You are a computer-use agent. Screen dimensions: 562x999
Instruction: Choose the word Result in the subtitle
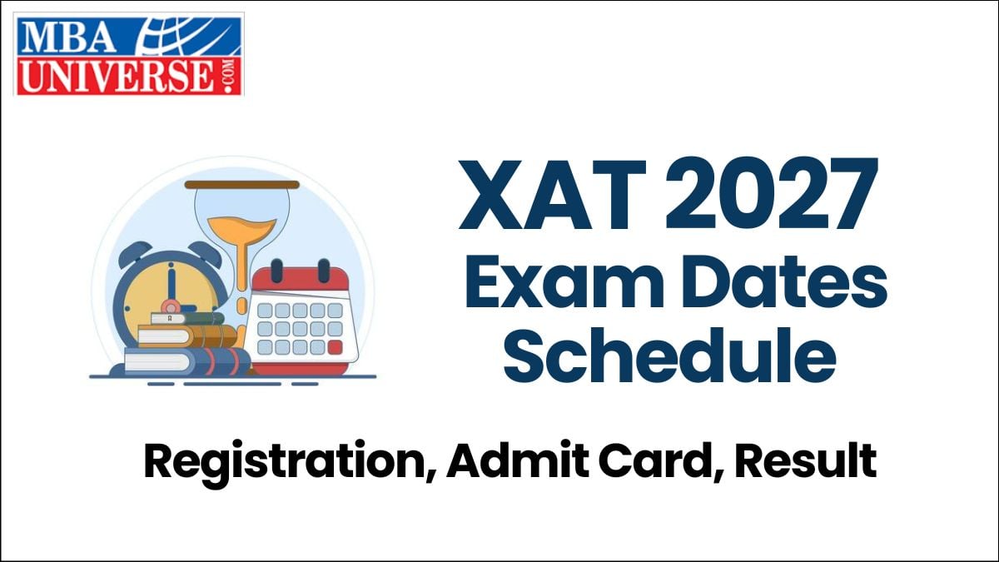pos(807,462)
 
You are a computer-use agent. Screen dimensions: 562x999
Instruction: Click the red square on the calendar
pos(335,347)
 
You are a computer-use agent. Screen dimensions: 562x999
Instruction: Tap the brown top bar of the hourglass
pos(241,184)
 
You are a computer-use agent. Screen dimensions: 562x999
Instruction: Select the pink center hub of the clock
pos(171,302)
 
